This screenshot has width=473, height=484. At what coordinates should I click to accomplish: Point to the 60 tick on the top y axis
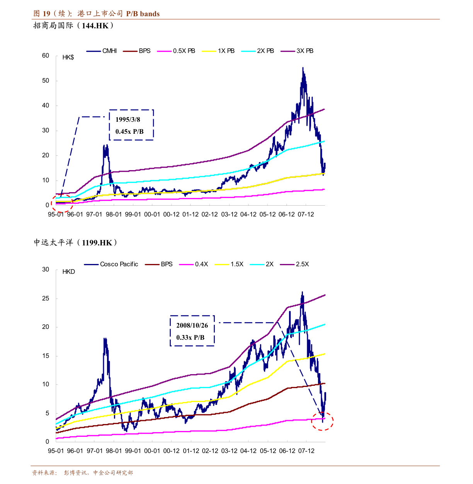[x=46, y=56]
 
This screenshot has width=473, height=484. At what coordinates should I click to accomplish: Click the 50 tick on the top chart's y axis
[x=46, y=81]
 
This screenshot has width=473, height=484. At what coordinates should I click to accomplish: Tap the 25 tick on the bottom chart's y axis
[x=46, y=298]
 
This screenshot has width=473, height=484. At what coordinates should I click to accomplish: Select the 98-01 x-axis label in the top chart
[x=114, y=215]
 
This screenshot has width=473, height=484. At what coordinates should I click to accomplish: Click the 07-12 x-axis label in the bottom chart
[x=306, y=451]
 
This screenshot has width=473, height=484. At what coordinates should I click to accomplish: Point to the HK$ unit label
[x=68, y=58]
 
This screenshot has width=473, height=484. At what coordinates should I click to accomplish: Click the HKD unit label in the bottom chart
[x=69, y=272]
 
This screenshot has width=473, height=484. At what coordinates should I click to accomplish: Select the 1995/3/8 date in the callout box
[x=128, y=120]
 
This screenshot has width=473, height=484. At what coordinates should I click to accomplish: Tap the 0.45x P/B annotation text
[x=129, y=132]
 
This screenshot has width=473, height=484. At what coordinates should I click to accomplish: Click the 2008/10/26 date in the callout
[x=192, y=326]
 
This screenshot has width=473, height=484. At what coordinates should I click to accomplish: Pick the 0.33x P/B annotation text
[x=191, y=337]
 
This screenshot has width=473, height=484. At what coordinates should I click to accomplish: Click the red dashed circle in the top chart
[x=62, y=203]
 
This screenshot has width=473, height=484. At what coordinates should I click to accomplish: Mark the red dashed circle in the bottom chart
[x=322, y=421]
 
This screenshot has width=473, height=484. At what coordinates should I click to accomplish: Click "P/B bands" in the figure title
[x=143, y=14]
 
